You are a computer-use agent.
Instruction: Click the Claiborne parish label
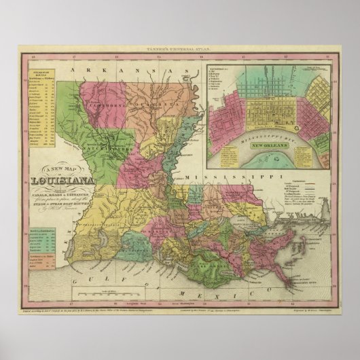click(98, 105)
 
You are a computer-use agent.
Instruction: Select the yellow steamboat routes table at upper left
click(40, 103)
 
